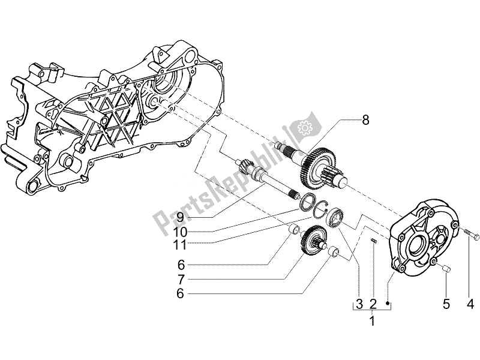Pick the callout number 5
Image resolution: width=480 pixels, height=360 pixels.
click(446, 305)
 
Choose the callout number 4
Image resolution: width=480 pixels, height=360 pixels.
click(470, 305)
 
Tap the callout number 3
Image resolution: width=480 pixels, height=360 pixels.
click(358, 304)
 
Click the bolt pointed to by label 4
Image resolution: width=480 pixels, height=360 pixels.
click(469, 232)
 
